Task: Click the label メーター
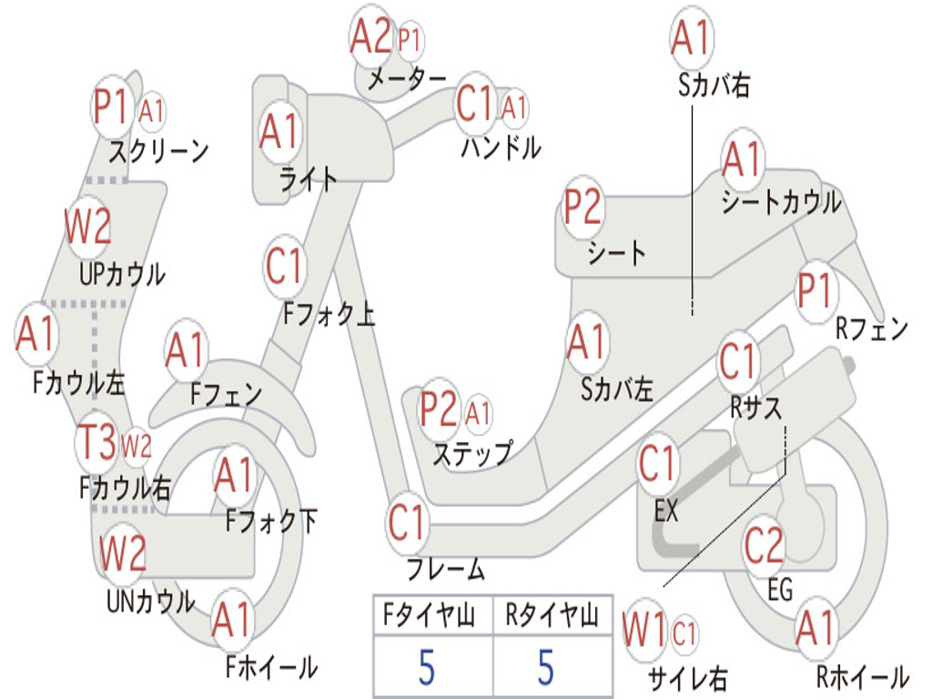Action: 406,80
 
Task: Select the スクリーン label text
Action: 158,149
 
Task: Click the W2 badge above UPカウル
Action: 88,227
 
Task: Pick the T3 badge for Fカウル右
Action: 96,444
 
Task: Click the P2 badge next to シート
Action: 582,208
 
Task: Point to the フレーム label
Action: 445,571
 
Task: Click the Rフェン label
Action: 871,330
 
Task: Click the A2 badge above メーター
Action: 371,37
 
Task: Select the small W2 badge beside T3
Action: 136,445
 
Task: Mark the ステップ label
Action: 471,452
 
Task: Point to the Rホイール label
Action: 861,676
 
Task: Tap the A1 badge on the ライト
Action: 279,133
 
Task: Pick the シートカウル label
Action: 781,203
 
